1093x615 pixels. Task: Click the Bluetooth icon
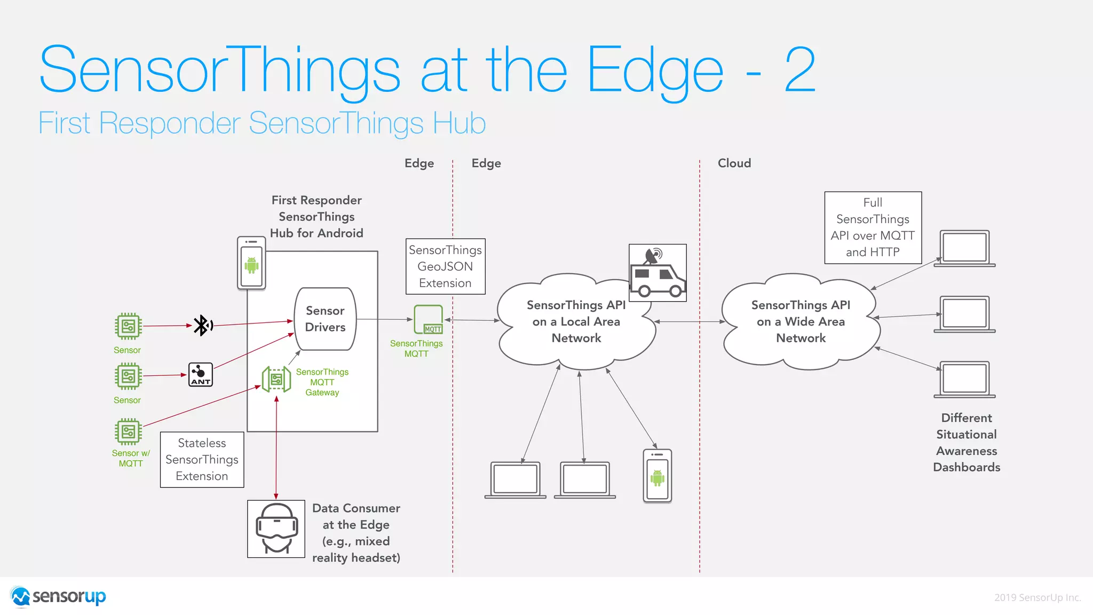(202, 325)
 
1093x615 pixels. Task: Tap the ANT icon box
(201, 375)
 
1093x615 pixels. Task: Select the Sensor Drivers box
(325, 319)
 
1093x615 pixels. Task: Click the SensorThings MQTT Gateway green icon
(276, 380)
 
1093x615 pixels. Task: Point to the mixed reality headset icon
(276, 529)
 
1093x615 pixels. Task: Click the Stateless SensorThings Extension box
(202, 460)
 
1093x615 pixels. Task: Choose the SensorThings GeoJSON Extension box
(445, 266)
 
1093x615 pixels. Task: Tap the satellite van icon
(657, 273)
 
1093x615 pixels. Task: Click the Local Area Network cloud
(576, 321)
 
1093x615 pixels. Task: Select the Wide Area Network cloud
(801, 321)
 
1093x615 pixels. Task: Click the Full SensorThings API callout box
(873, 227)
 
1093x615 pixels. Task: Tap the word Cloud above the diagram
(734, 163)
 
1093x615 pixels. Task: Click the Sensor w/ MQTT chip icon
(128, 432)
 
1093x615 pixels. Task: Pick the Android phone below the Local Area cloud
(657, 476)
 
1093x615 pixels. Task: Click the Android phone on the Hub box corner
(251, 263)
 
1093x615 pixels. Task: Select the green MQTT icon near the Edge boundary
(429, 319)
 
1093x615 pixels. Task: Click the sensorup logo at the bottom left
(59, 596)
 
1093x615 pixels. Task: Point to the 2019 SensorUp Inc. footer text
(1037, 597)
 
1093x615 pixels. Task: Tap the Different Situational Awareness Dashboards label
(966, 443)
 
